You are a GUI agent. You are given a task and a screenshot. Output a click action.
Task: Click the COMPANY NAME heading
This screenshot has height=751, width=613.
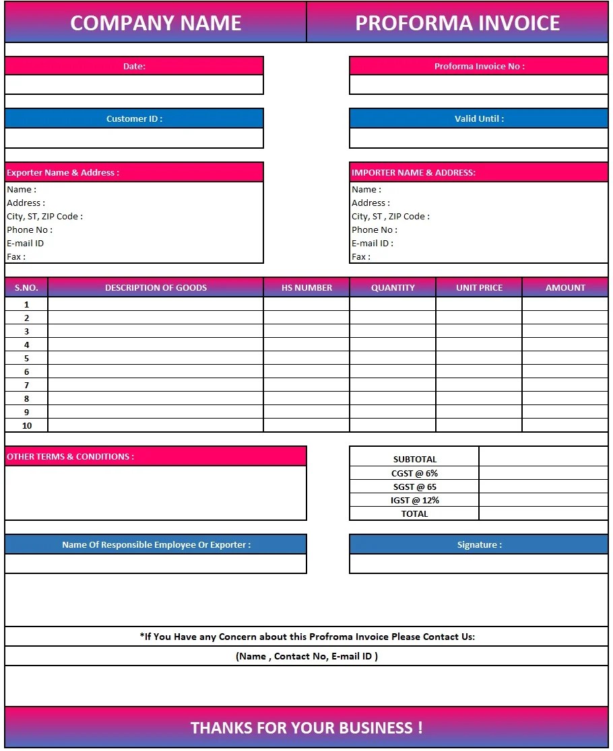(x=156, y=23)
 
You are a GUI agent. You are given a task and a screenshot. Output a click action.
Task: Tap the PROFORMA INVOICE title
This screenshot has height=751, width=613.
(x=457, y=23)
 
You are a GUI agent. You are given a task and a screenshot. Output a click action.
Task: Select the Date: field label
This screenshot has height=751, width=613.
(x=134, y=66)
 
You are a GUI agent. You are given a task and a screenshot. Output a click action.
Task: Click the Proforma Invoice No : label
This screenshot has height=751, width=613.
(x=479, y=66)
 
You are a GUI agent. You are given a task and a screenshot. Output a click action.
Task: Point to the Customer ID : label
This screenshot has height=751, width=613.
(x=134, y=118)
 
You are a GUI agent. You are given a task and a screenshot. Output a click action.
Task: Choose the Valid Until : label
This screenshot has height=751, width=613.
(x=479, y=118)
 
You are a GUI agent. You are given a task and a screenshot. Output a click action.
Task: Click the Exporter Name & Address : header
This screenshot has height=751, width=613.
(x=63, y=172)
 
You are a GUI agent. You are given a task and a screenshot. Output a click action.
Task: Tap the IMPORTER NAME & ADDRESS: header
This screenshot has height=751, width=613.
(x=414, y=172)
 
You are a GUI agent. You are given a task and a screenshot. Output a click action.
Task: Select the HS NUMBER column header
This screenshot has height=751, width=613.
(x=306, y=287)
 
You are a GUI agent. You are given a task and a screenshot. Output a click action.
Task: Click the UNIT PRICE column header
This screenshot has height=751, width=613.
(x=479, y=287)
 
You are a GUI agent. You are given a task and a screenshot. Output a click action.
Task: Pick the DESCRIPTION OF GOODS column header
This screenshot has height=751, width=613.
(x=156, y=287)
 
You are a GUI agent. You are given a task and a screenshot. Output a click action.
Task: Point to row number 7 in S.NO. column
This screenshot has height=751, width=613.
(x=27, y=385)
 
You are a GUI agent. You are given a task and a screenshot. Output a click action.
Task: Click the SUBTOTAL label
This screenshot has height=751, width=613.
(x=414, y=459)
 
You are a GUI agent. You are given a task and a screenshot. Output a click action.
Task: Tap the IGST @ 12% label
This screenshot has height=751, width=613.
(x=414, y=500)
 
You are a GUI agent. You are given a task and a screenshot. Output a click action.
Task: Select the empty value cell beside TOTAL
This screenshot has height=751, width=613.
(x=543, y=513)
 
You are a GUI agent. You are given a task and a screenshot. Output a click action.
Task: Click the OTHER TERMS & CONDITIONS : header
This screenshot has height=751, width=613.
(x=71, y=456)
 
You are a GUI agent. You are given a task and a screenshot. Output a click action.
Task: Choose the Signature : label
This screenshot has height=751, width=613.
(x=479, y=544)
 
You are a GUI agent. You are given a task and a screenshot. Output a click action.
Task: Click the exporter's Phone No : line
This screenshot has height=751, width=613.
(x=30, y=229)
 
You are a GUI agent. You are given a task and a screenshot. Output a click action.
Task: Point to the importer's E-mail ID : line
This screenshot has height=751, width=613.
(x=373, y=243)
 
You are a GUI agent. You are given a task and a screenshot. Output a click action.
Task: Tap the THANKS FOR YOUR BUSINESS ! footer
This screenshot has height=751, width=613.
(x=306, y=727)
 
